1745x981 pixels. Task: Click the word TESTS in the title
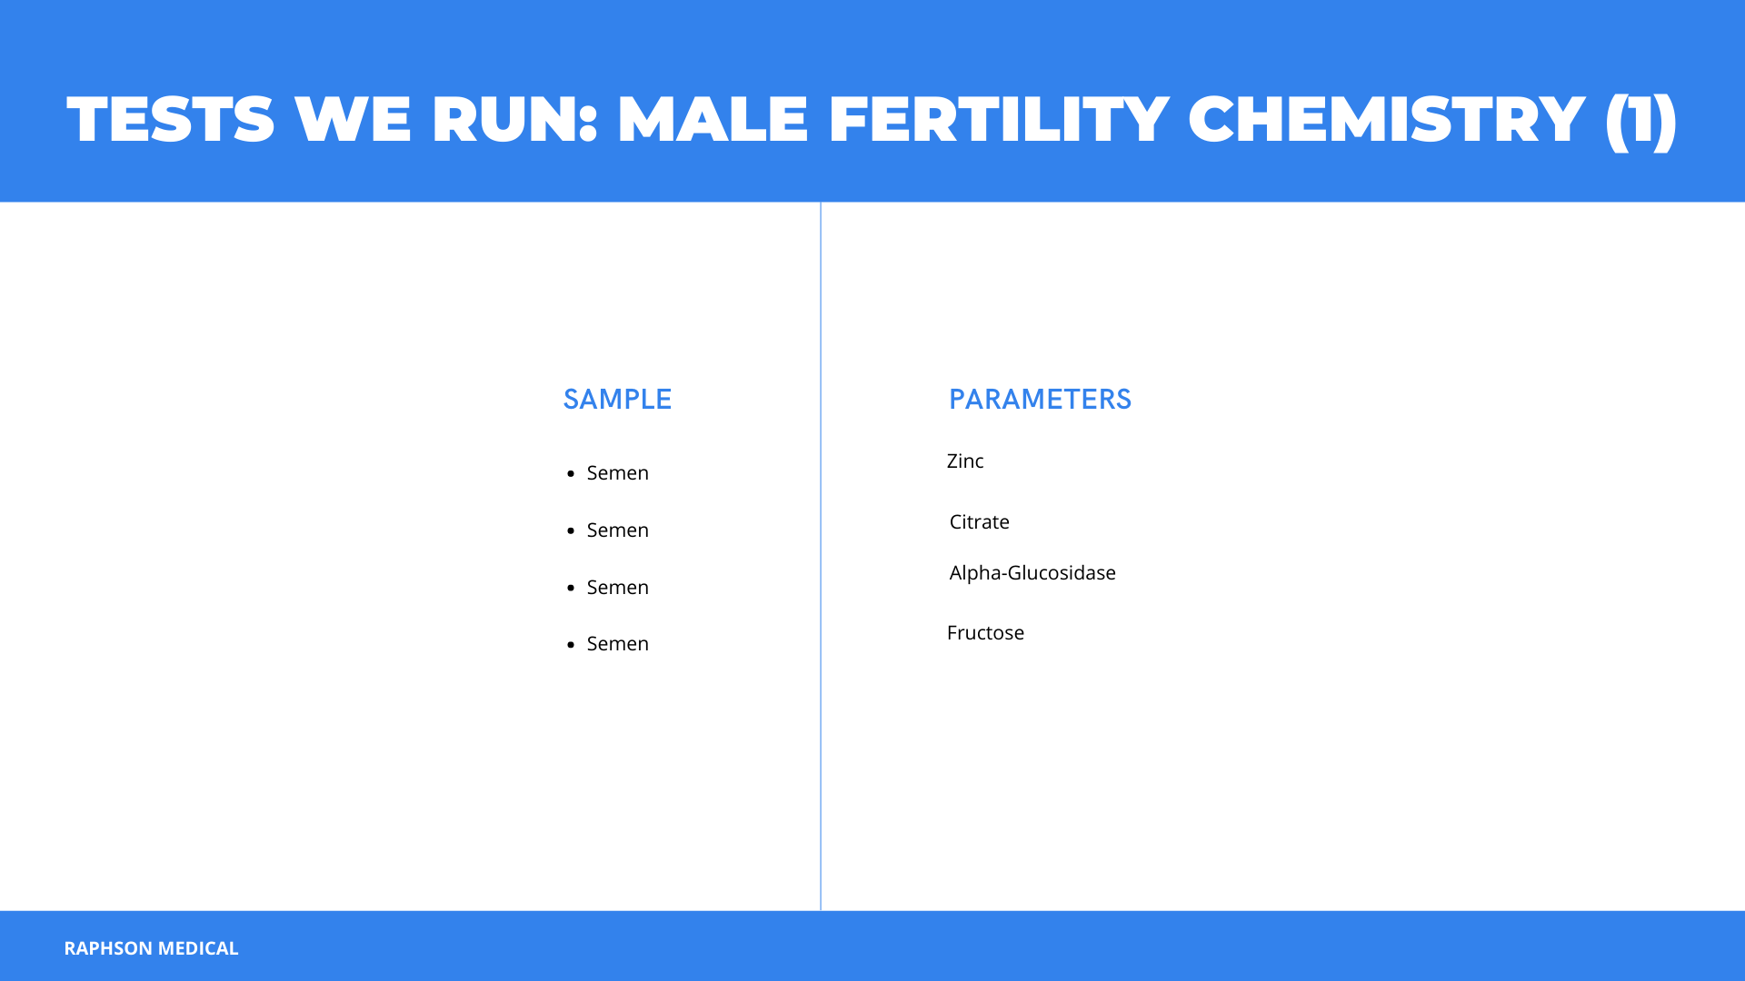coord(171,119)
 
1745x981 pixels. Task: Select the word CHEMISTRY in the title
coord(1387,119)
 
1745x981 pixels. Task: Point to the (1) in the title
coord(1641,121)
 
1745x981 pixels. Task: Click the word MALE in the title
coord(713,119)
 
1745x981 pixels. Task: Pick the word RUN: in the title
coord(514,119)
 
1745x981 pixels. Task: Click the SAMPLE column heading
coord(617,399)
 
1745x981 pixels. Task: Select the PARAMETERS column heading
coord(1040,399)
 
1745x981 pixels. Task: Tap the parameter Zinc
coord(965,461)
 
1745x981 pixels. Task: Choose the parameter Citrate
coord(980,521)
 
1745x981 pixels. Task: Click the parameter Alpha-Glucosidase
coord(1032,573)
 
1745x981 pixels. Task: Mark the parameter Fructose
coord(985,632)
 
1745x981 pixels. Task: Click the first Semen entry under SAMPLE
coord(618,472)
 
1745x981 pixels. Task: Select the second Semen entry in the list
coord(618,530)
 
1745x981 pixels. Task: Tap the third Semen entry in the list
coord(618,587)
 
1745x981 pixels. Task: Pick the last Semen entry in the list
coord(618,643)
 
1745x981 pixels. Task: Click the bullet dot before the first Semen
coord(571,473)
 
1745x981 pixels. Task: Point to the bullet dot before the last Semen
coord(571,644)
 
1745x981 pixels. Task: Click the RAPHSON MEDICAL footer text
coord(151,947)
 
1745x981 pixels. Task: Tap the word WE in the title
coord(353,119)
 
